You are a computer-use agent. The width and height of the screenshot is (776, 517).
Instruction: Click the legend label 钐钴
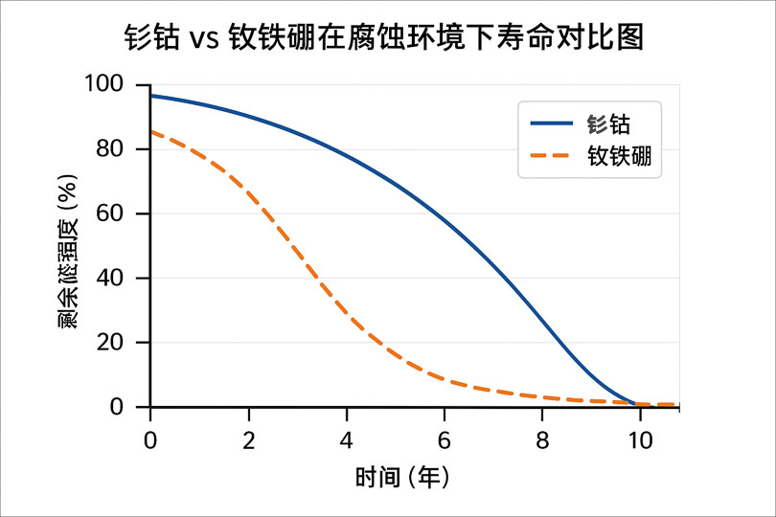(x=608, y=124)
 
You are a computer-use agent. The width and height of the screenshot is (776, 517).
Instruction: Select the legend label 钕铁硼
(x=620, y=156)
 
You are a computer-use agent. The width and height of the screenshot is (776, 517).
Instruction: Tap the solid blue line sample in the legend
(x=552, y=124)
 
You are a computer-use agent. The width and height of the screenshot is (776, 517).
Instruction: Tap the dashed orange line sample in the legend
(x=552, y=156)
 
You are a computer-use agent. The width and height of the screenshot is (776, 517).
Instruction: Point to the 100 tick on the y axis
(x=121, y=84)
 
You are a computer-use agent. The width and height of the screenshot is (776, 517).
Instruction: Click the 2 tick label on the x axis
(x=249, y=440)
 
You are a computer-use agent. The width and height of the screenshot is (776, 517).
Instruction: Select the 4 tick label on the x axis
(x=347, y=440)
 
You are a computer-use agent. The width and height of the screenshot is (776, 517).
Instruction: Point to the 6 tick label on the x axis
(x=445, y=440)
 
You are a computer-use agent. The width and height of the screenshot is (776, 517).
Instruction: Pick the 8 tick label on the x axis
(x=542, y=440)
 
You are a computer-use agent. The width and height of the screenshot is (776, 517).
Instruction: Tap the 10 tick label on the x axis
(x=640, y=440)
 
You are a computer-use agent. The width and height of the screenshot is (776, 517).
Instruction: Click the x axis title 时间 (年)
(x=402, y=476)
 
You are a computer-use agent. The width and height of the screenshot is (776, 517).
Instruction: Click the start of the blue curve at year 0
(x=151, y=96)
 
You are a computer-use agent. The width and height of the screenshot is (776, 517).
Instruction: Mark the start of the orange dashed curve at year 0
(x=151, y=132)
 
